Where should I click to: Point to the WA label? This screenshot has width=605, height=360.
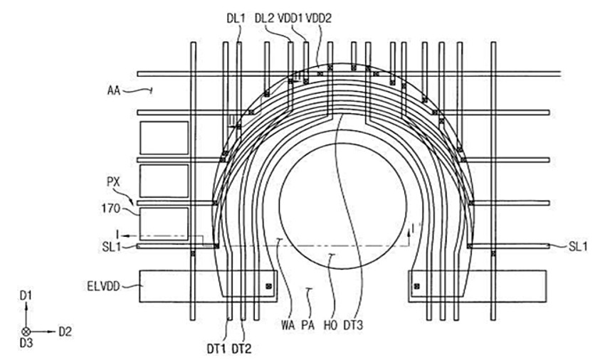click(288, 326)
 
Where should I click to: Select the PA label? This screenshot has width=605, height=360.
click(308, 326)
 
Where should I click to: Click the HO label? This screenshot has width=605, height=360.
click(331, 326)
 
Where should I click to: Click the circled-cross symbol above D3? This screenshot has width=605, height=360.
click(26, 332)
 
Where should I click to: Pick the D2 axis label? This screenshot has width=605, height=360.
click(65, 332)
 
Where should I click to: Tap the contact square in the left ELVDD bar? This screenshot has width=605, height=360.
click(269, 287)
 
